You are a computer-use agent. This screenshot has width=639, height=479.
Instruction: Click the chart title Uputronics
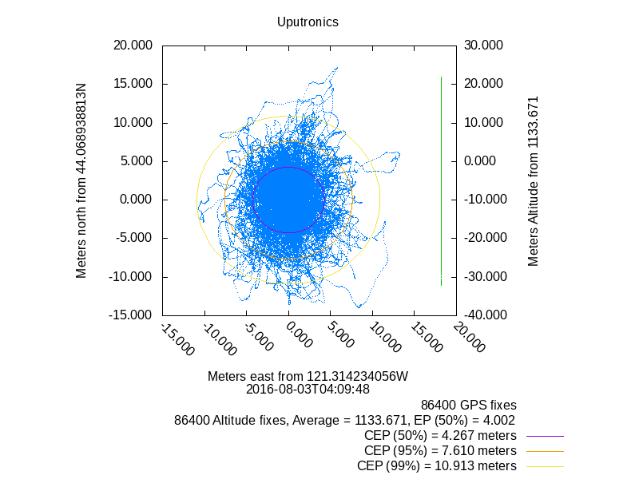(308, 22)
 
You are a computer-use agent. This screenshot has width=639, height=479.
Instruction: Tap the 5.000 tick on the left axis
(135, 161)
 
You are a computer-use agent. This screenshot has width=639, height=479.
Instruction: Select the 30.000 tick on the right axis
(483, 46)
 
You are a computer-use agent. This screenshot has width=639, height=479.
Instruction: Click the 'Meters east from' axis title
(308, 376)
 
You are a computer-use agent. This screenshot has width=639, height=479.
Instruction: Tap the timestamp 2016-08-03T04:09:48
(308, 390)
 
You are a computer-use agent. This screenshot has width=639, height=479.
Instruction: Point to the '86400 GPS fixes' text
(469, 405)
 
